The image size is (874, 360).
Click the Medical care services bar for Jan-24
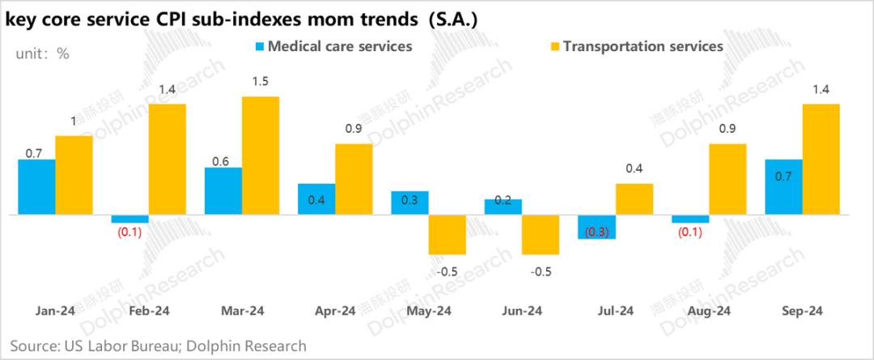[36, 187]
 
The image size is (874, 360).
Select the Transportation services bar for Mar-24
[261, 155]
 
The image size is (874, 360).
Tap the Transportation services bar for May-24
[448, 235]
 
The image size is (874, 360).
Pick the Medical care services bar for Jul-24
[596, 227]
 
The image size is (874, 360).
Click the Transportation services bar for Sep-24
[821, 159]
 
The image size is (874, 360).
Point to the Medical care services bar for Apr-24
[316, 199]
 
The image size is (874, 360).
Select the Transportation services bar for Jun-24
[541, 235]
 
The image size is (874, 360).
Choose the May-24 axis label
[429, 311]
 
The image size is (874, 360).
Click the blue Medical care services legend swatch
[259, 47]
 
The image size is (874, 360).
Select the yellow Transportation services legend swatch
[554, 47]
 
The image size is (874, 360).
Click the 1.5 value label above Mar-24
[261, 82]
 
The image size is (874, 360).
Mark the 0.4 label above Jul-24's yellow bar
[634, 169]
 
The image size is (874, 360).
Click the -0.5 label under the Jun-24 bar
[541, 271]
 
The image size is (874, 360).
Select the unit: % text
[43, 53]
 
